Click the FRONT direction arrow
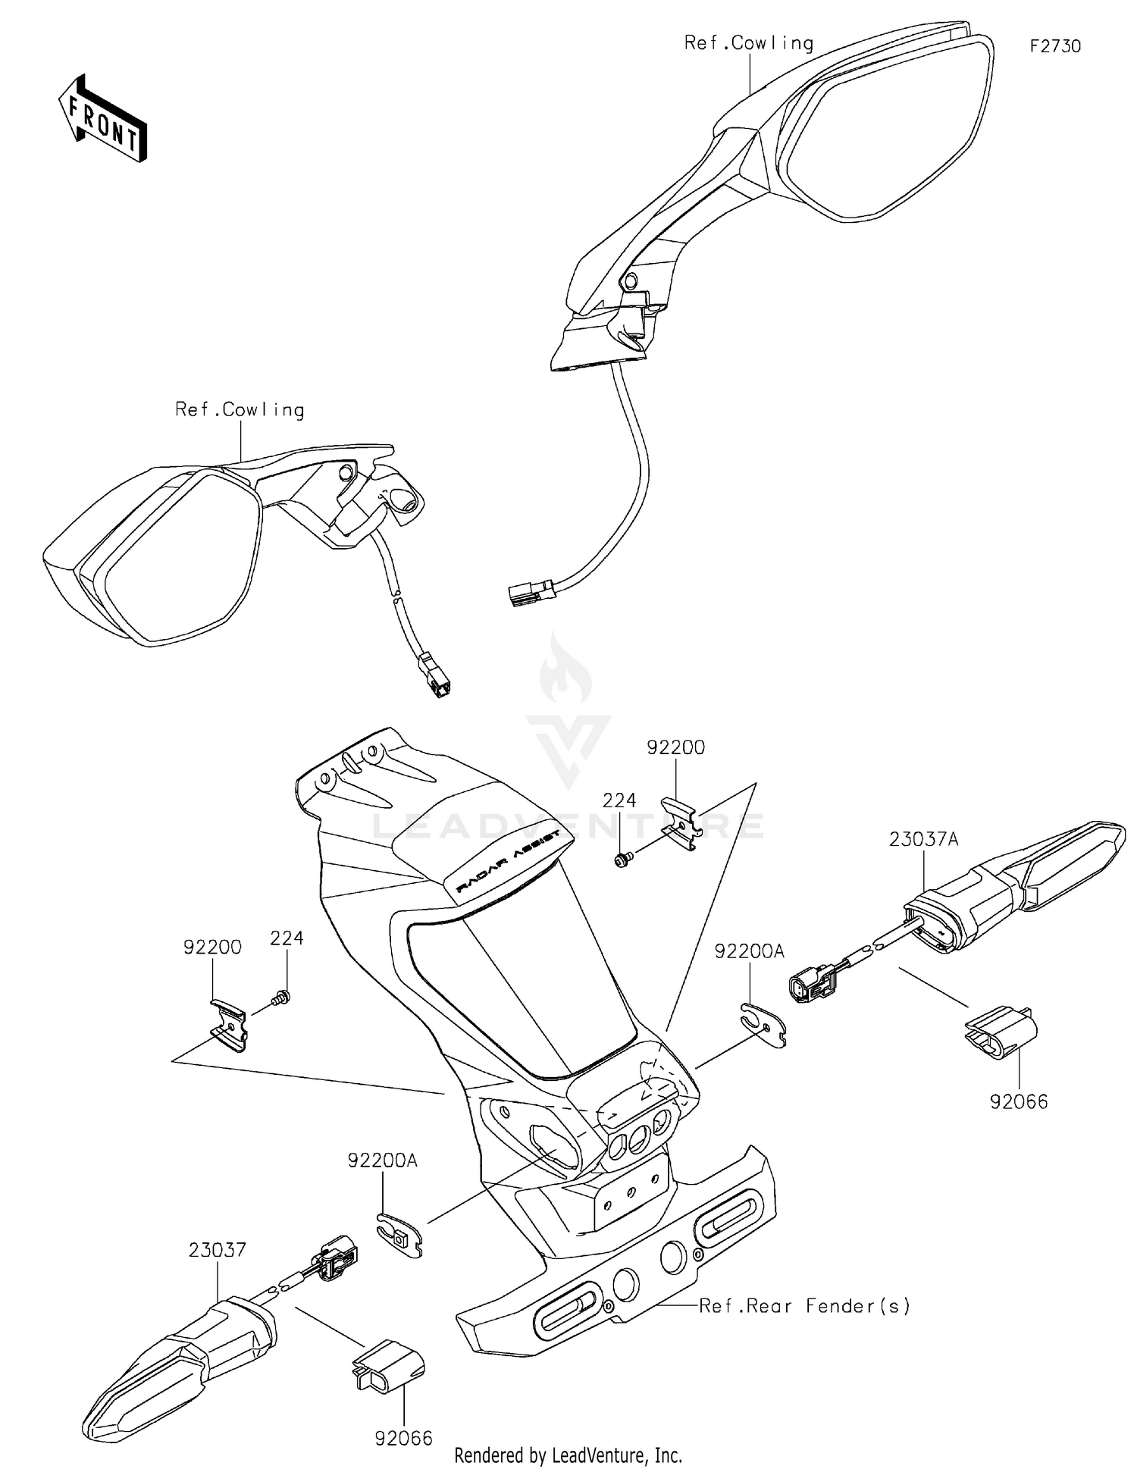tap(103, 120)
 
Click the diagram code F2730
tap(1054, 46)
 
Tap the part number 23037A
tap(924, 839)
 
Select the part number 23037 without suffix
tap(218, 1250)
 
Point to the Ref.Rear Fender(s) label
tap(804, 1305)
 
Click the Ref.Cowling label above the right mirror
tap(749, 43)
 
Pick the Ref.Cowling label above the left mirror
tap(240, 410)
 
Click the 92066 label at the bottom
tap(403, 1438)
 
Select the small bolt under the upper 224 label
tap(622, 860)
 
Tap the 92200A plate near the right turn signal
tap(764, 1022)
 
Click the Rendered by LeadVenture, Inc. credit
tap(568, 1455)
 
